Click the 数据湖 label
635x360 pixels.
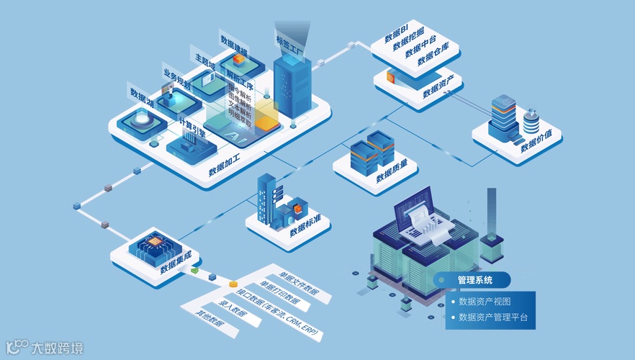click(x=143, y=99)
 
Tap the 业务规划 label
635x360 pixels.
click(x=177, y=79)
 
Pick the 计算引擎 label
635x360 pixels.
click(x=192, y=129)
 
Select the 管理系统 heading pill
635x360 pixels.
click(x=474, y=280)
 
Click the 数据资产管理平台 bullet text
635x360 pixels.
click(x=493, y=317)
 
